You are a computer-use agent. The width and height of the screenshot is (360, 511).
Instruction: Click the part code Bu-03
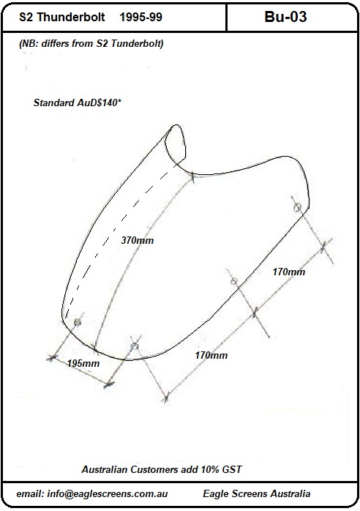pyautogui.click(x=285, y=17)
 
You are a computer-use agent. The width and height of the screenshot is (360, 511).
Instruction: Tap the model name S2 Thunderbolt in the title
pyautogui.click(x=62, y=17)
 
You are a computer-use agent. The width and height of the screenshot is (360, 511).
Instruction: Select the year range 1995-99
pyautogui.click(x=140, y=17)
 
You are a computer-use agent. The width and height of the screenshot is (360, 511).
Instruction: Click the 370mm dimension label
pyautogui.click(x=137, y=241)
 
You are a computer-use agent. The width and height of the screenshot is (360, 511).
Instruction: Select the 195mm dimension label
pyautogui.click(x=83, y=363)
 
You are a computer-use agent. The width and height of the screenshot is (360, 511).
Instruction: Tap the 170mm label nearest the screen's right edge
pyautogui.click(x=289, y=272)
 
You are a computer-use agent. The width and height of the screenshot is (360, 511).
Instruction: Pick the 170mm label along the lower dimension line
pyautogui.click(x=211, y=355)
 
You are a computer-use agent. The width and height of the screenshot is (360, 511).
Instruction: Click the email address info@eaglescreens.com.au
pyautogui.click(x=108, y=493)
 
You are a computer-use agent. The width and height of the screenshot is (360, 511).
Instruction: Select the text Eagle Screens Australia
pyautogui.click(x=256, y=493)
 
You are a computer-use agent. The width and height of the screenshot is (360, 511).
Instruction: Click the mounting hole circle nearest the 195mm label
pyautogui.click(x=78, y=322)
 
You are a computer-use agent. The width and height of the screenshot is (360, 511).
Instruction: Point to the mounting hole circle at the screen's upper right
pyautogui.click(x=297, y=207)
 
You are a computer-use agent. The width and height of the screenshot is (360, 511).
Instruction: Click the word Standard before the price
pyautogui.click(x=54, y=103)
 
